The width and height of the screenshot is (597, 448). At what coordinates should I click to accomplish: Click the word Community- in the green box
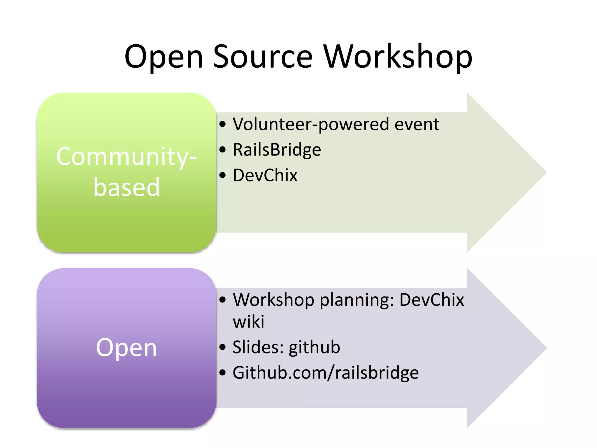coord(127,157)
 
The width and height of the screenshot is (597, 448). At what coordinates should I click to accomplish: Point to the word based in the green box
coord(127,187)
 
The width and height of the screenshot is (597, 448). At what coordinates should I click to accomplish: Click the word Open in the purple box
coord(127,348)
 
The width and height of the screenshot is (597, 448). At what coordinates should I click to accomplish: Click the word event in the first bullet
coord(417,125)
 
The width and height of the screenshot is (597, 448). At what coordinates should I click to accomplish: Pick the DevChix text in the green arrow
coord(265,175)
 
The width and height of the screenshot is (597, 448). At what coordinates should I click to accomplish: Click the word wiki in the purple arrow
coord(248,322)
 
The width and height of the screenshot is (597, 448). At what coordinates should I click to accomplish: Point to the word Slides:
coord(258,347)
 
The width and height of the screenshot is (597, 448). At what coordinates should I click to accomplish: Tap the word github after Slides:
coord(314,348)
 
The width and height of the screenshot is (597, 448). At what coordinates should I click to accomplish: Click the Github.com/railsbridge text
coord(326,373)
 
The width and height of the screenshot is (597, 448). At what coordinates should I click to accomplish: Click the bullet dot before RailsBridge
coord(223,150)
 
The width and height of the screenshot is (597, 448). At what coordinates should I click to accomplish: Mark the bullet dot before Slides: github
coord(223,347)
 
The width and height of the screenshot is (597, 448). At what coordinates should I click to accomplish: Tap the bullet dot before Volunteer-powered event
coord(223,125)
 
